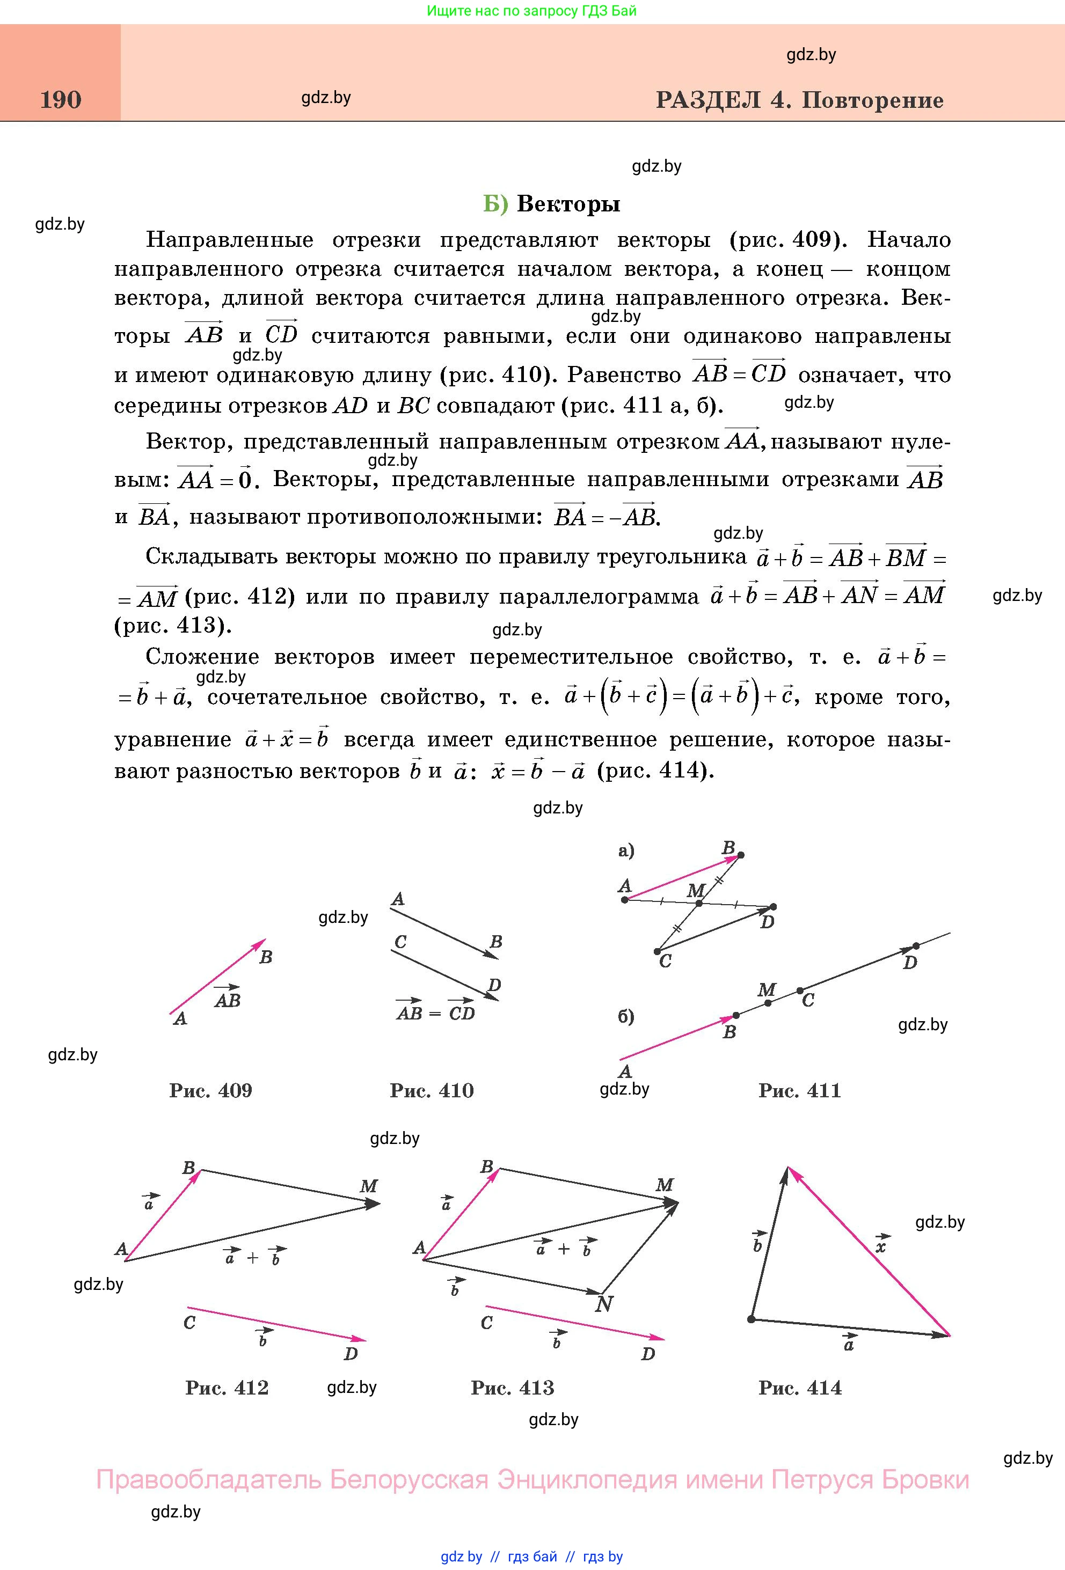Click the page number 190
click(61, 100)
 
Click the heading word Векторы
click(568, 204)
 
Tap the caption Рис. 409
click(211, 1090)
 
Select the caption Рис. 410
click(432, 1090)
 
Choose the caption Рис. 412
click(227, 1388)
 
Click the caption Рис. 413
click(513, 1388)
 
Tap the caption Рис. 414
click(800, 1388)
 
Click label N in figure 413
click(603, 1304)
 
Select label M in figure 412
click(368, 1186)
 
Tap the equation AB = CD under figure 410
click(436, 1012)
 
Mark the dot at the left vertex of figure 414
click(752, 1319)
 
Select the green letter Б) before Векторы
click(495, 204)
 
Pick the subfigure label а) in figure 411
click(626, 851)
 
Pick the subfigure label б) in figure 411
click(626, 1017)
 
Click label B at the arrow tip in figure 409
click(266, 957)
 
